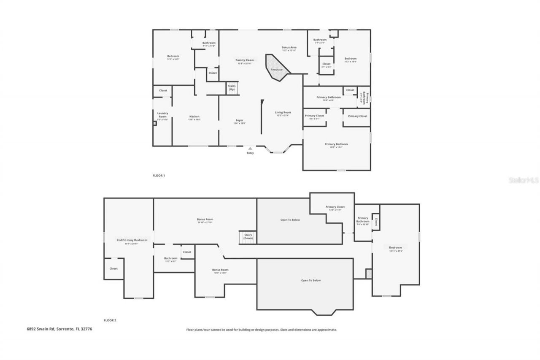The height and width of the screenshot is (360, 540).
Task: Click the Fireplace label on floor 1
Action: click(x=276, y=70)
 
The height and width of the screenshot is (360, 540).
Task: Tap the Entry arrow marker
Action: click(x=250, y=149)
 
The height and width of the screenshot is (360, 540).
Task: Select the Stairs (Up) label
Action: click(x=232, y=88)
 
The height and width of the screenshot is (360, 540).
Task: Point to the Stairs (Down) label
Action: click(x=248, y=236)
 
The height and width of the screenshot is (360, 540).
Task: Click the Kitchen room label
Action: click(x=194, y=116)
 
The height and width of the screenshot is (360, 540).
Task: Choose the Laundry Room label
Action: click(x=163, y=115)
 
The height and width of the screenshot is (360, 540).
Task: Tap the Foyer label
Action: click(x=239, y=121)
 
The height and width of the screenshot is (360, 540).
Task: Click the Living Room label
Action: click(x=283, y=112)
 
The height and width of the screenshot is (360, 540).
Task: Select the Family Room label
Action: click(x=245, y=60)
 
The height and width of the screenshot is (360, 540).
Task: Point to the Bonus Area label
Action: click(x=289, y=47)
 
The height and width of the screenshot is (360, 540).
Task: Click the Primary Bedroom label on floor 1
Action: click(x=336, y=144)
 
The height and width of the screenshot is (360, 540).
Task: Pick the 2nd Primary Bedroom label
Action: click(x=132, y=240)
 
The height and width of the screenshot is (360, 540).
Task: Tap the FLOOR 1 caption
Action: click(x=159, y=175)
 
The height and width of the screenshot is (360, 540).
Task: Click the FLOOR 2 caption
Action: click(x=110, y=320)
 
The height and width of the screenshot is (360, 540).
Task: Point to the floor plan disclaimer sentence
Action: click(x=262, y=330)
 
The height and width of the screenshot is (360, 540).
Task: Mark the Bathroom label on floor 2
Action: click(x=171, y=258)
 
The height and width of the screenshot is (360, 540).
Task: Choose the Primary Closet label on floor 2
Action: click(x=335, y=207)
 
